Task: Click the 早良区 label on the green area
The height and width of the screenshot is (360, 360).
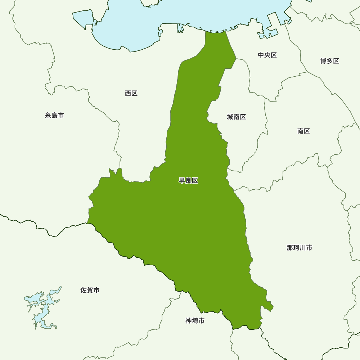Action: (188, 181)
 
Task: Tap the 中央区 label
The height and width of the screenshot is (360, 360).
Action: (267, 55)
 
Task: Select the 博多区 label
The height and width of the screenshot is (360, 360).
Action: (329, 61)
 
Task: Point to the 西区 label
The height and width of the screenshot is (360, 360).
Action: (131, 93)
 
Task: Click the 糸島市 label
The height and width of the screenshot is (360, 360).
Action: (54, 116)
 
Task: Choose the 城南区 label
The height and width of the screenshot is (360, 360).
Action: (236, 117)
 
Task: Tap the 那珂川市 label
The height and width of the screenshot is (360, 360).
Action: (299, 248)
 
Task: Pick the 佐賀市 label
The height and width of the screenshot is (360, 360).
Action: (90, 290)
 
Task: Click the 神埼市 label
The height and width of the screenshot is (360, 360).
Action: (195, 320)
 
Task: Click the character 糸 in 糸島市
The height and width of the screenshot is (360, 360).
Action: (48, 116)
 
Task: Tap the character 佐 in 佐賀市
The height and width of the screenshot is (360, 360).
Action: (84, 290)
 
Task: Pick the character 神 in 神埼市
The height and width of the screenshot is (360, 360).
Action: (189, 320)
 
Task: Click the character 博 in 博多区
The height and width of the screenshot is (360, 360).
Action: (323, 61)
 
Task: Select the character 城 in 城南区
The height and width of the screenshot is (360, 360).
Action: (230, 117)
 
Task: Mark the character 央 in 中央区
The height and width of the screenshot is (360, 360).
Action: (267, 55)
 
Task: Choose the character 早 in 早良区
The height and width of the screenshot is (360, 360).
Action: (182, 181)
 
